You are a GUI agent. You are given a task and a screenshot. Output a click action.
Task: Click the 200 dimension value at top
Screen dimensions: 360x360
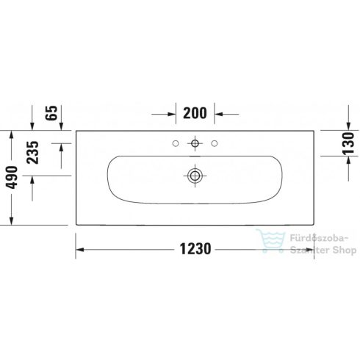tap(194, 114)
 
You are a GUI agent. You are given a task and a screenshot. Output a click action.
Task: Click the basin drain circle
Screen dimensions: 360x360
tap(194, 175)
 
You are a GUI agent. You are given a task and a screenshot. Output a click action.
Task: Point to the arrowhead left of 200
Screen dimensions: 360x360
tap(170, 114)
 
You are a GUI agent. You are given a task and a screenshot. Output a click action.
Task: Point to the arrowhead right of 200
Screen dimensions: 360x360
tap(219, 114)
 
